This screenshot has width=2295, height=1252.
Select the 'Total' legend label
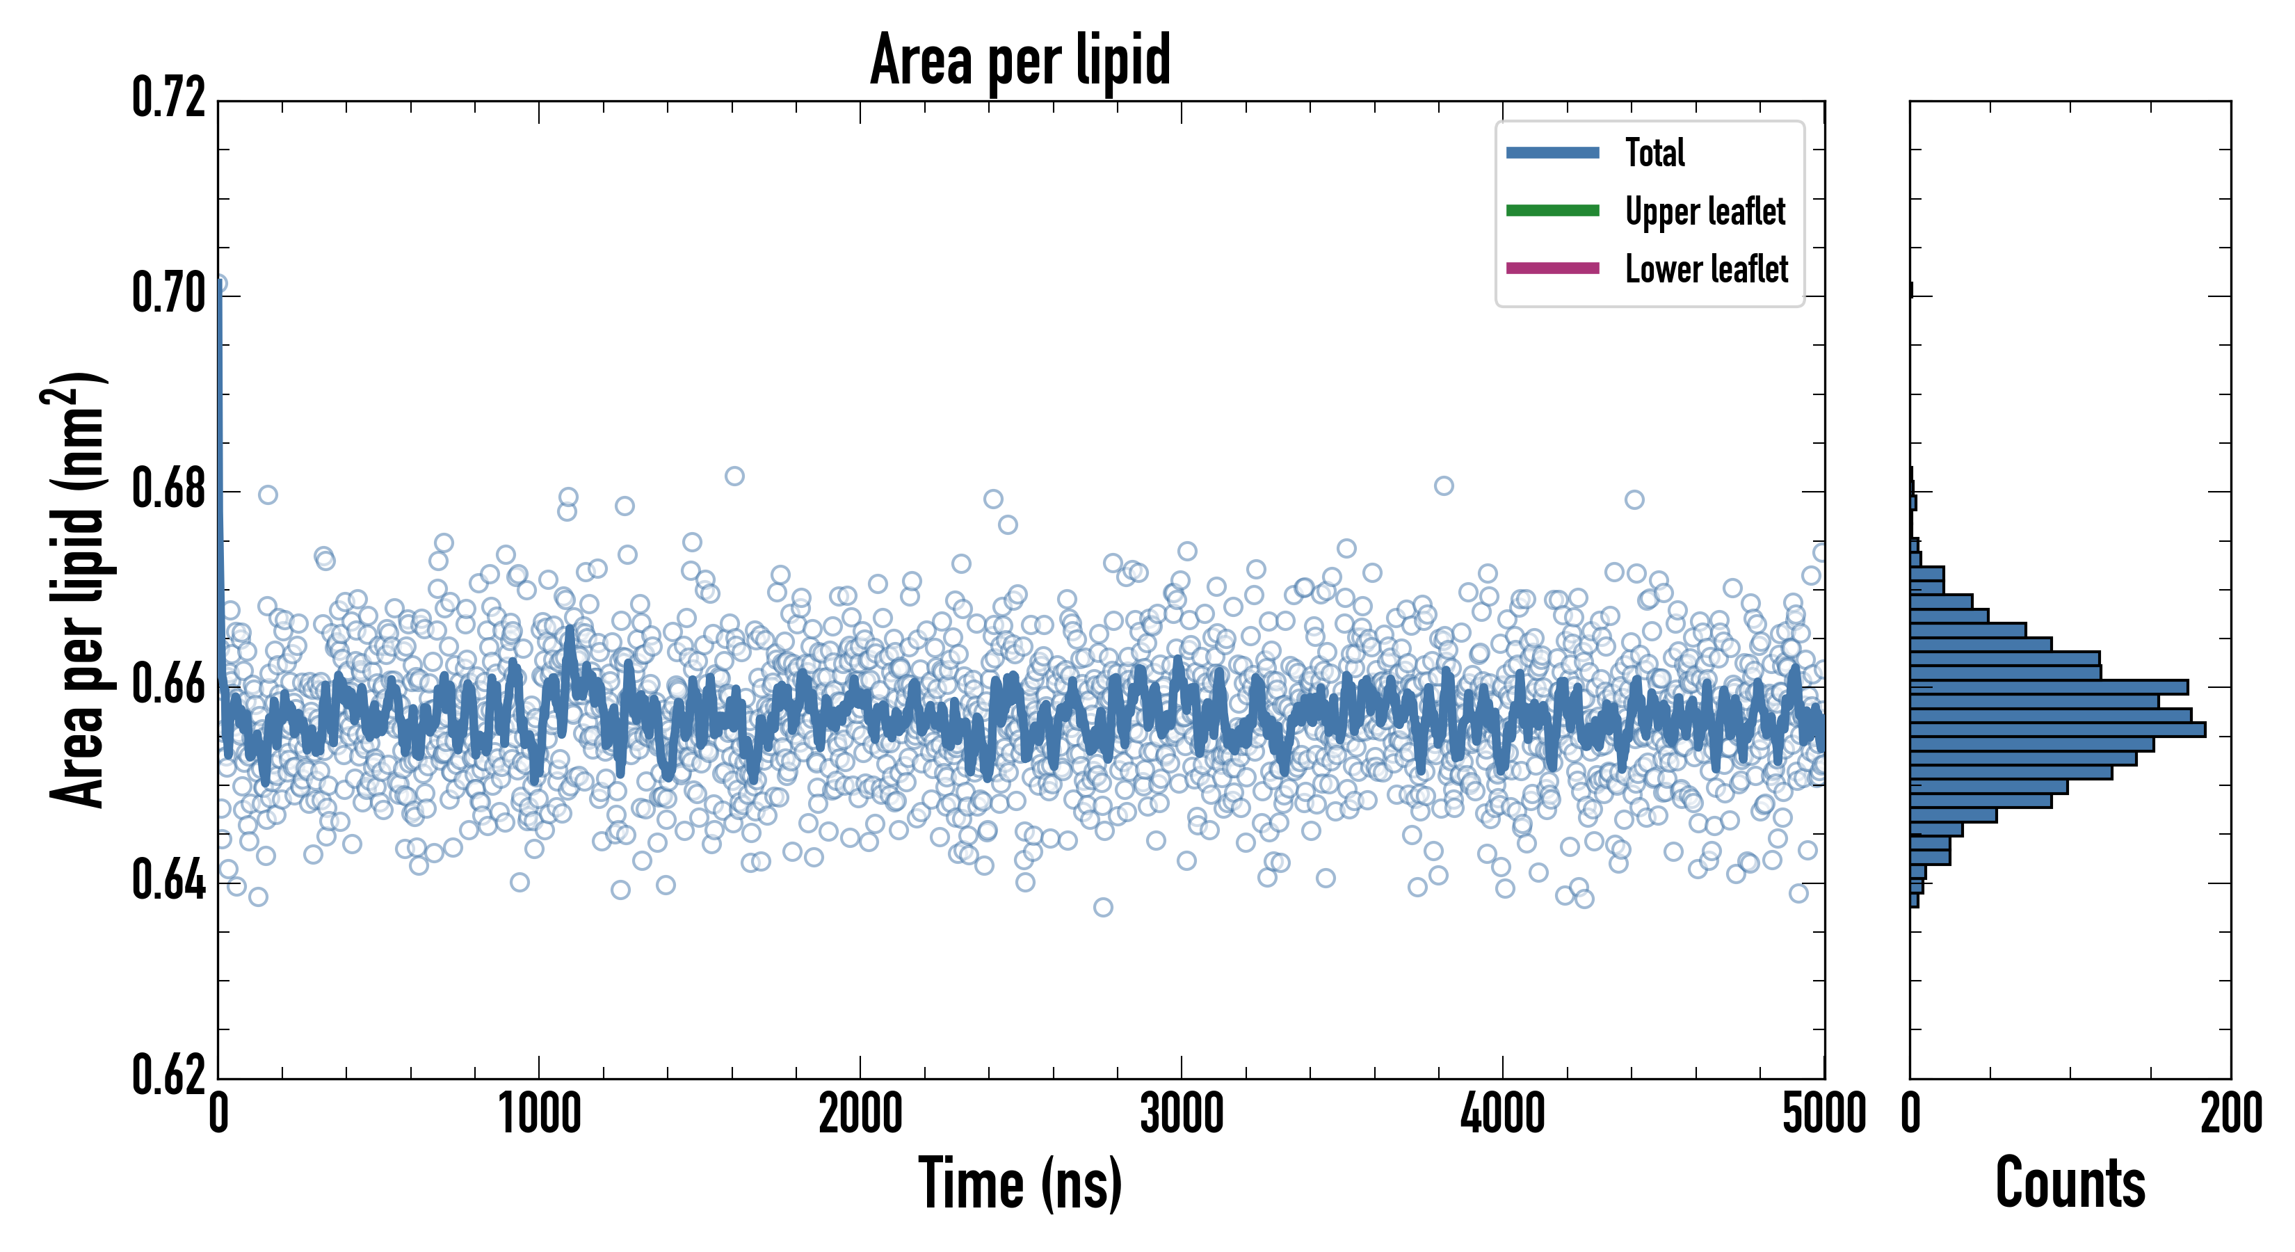[x=1654, y=152]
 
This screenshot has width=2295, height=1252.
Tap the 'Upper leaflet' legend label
[x=1705, y=211]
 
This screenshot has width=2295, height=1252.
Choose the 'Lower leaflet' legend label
[x=1706, y=268]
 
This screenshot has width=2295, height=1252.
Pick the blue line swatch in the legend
[x=1552, y=152]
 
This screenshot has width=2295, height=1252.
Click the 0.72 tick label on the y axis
[x=168, y=98]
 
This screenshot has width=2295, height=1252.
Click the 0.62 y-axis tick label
[x=168, y=1075]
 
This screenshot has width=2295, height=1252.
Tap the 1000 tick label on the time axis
[x=539, y=1114]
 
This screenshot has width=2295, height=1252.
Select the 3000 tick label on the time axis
[x=1182, y=1114]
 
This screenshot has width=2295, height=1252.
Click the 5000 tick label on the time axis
[x=1823, y=1114]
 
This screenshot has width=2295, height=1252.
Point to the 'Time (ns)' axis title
[x=1020, y=1182]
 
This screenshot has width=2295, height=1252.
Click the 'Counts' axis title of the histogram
[x=2070, y=1182]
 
